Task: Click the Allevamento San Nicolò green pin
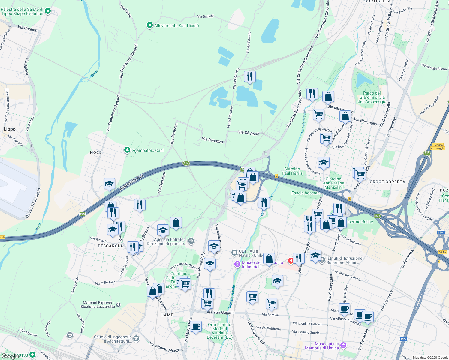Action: click(150, 25)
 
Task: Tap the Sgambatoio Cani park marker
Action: click(127, 150)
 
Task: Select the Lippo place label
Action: click(10, 129)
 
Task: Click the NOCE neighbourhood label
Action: click(96, 152)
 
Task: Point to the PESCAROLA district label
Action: click(110, 246)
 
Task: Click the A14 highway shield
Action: click(186, 163)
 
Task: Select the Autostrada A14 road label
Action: click(132, 183)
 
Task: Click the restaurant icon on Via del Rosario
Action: click(250, 76)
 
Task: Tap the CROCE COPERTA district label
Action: click(387, 182)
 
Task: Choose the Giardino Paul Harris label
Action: click(292, 171)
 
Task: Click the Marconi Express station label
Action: click(98, 304)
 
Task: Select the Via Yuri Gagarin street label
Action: click(221, 312)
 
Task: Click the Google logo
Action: click(10, 356)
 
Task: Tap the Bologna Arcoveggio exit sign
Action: click(438, 146)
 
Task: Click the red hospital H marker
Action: click(291, 261)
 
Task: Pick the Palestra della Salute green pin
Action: click(47, 11)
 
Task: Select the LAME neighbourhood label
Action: click(167, 315)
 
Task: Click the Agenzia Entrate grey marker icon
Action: click(191, 241)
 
